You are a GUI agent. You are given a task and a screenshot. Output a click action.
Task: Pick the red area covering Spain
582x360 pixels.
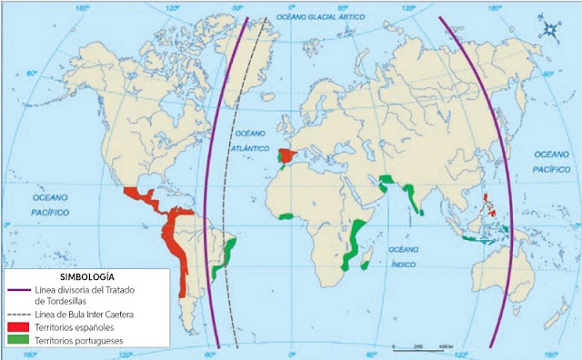(x=289, y=155)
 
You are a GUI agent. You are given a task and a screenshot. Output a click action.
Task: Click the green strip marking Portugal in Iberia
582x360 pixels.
(x=278, y=158)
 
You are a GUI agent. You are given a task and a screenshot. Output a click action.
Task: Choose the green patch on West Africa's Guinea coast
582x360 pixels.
(x=286, y=215)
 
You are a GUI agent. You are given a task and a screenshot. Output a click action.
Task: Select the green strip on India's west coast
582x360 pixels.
(x=414, y=196)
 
